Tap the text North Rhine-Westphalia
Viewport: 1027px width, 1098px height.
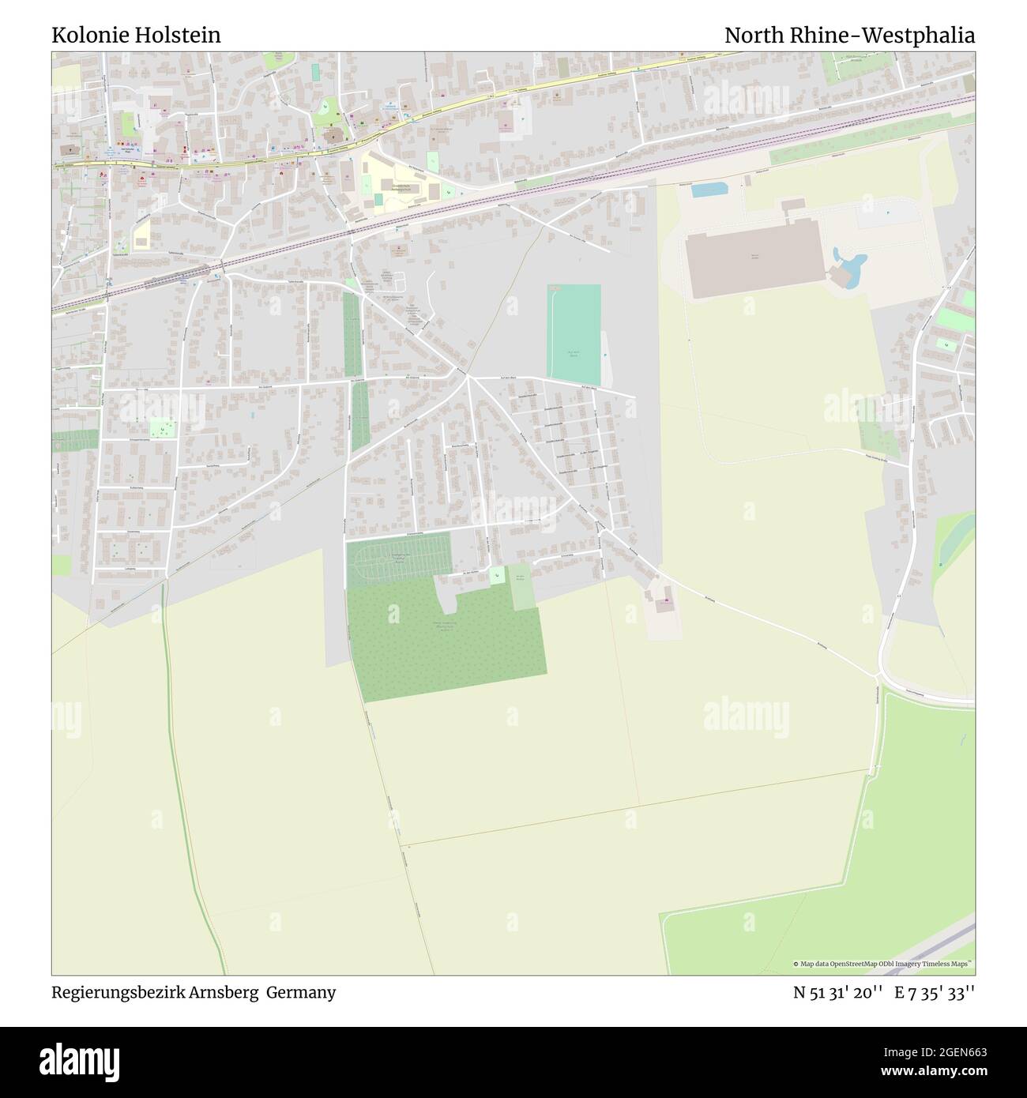pos(849,36)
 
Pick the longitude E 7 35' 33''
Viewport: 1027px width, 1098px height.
pos(935,992)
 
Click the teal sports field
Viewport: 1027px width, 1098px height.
pos(574,333)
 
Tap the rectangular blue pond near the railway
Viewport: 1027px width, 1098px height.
pos(709,190)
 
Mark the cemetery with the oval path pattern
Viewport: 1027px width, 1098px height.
pos(398,560)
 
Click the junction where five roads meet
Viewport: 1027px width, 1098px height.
pos(468,377)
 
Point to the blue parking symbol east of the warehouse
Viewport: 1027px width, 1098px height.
pos(888,212)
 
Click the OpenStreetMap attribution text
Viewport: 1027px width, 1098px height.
pos(883,964)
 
